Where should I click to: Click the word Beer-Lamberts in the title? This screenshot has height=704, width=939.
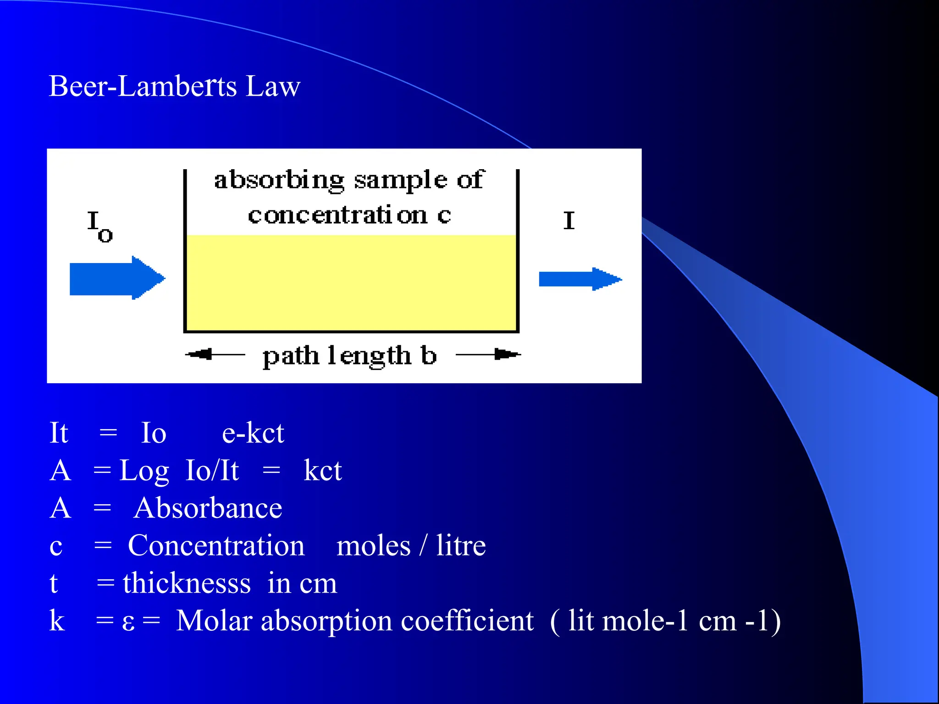tap(143, 86)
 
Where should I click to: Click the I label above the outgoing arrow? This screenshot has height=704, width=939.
tap(569, 221)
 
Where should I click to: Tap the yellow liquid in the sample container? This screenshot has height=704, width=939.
tap(351, 282)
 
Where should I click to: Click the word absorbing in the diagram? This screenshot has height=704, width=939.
tap(279, 180)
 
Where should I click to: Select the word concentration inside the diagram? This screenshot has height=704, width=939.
tap(337, 215)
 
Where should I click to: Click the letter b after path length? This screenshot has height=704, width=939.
tap(428, 356)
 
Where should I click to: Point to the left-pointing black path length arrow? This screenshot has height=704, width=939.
tap(215, 354)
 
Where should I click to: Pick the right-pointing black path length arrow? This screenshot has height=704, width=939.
tap(489, 354)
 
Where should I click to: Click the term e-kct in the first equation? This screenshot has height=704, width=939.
tap(253, 433)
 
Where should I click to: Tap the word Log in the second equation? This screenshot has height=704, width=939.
tap(144, 471)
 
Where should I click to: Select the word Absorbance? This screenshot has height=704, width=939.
tap(208, 508)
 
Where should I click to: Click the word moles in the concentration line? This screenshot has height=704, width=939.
tap(373, 546)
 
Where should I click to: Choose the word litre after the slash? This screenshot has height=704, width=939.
tap(461, 546)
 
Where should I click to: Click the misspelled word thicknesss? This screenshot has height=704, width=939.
tap(187, 583)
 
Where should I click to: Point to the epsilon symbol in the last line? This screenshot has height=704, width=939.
tap(128, 622)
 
